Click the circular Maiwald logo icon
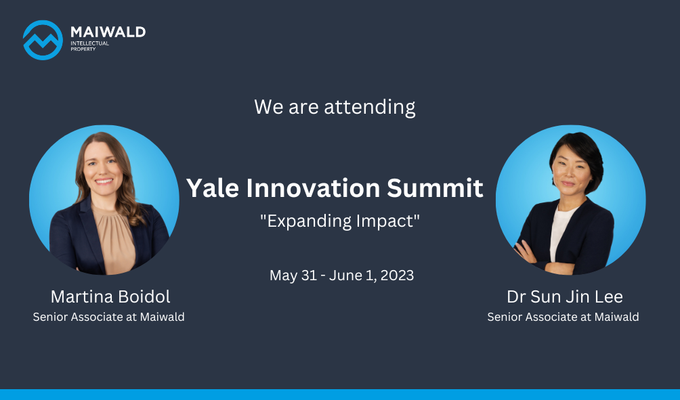[x=43, y=40]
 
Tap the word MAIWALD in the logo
[x=108, y=32]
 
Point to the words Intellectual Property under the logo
[x=90, y=46]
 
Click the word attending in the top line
[x=370, y=107]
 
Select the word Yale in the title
[x=213, y=188]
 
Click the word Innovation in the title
[x=313, y=188]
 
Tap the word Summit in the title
[x=435, y=188]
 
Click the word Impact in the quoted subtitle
[x=387, y=221]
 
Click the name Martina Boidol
[x=110, y=297]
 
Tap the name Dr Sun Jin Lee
[x=565, y=297]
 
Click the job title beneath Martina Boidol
[x=109, y=317]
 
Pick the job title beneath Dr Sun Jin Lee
[x=563, y=317]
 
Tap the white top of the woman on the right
[x=560, y=234]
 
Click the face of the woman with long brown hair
[x=102, y=164]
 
